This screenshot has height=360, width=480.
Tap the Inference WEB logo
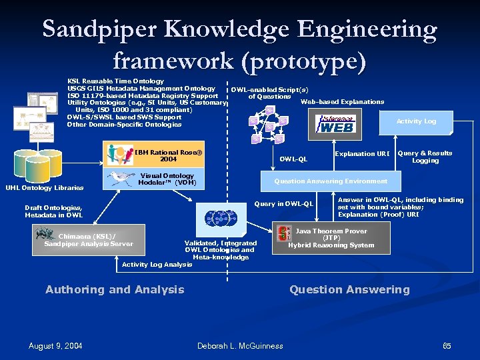(x=336, y=123)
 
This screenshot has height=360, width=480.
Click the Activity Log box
(x=416, y=121)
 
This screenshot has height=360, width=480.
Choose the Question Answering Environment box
(x=330, y=181)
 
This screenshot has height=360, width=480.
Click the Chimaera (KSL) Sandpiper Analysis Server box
(x=88, y=240)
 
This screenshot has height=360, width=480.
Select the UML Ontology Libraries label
(x=45, y=187)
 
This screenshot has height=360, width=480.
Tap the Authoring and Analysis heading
(x=115, y=289)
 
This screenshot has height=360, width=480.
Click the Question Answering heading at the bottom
(x=349, y=289)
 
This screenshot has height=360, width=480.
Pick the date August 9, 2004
(x=55, y=345)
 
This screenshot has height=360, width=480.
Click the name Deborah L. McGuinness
(x=240, y=345)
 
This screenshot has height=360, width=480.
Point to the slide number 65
(x=447, y=345)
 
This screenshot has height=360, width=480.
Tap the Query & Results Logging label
(x=425, y=157)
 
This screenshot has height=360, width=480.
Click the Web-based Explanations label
(x=342, y=102)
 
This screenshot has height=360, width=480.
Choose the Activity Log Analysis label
(x=157, y=265)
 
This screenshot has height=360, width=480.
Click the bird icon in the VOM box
(x=121, y=178)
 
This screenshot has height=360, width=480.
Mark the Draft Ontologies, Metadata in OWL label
(x=54, y=211)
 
